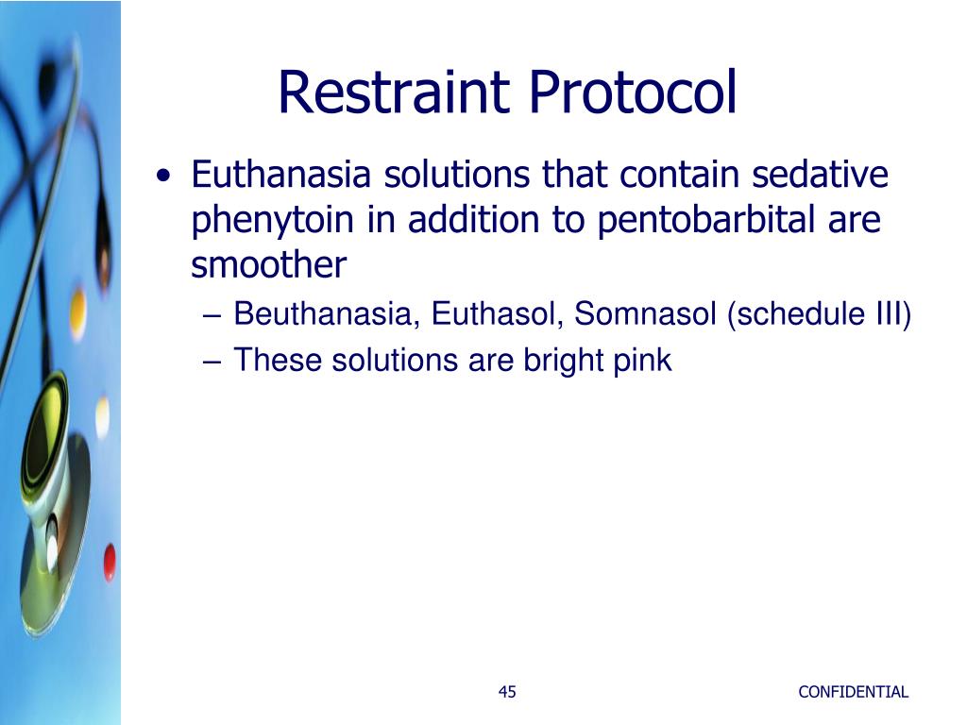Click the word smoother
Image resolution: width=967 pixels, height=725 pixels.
point(269,266)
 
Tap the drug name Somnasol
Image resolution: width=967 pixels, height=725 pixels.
point(646,313)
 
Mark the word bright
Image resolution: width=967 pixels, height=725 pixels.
point(557,360)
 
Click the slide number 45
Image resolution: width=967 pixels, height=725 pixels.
point(507,692)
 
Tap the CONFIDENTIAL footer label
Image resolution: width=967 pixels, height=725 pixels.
point(853,692)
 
